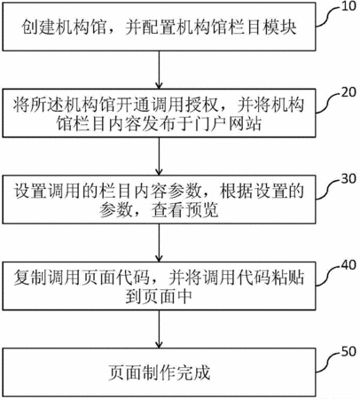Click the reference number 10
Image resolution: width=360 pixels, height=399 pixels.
[x=348, y=6]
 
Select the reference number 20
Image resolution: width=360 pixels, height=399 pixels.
[x=348, y=92]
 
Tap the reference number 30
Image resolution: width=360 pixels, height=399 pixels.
[x=348, y=179]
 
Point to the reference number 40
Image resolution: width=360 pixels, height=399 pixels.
[x=348, y=265]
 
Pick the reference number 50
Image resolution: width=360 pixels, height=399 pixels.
[x=348, y=352]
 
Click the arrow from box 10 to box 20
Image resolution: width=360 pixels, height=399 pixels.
[x=159, y=70]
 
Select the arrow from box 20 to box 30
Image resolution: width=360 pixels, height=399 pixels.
[x=159, y=156]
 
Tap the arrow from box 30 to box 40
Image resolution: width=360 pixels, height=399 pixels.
[x=159, y=242]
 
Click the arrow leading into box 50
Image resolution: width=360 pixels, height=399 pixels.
[x=159, y=329]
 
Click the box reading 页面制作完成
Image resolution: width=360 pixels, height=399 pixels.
[x=159, y=372]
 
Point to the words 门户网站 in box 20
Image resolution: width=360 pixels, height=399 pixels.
[x=227, y=124]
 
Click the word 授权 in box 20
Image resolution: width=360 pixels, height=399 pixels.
[x=202, y=105]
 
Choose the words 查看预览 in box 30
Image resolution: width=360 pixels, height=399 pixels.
[x=185, y=210]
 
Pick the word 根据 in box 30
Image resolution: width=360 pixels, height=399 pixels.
[x=237, y=192]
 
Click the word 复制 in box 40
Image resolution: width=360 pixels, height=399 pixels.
[x=30, y=278]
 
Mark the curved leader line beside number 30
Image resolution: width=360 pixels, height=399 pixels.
[x=328, y=189]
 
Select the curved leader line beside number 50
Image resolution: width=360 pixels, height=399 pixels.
[x=328, y=362]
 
